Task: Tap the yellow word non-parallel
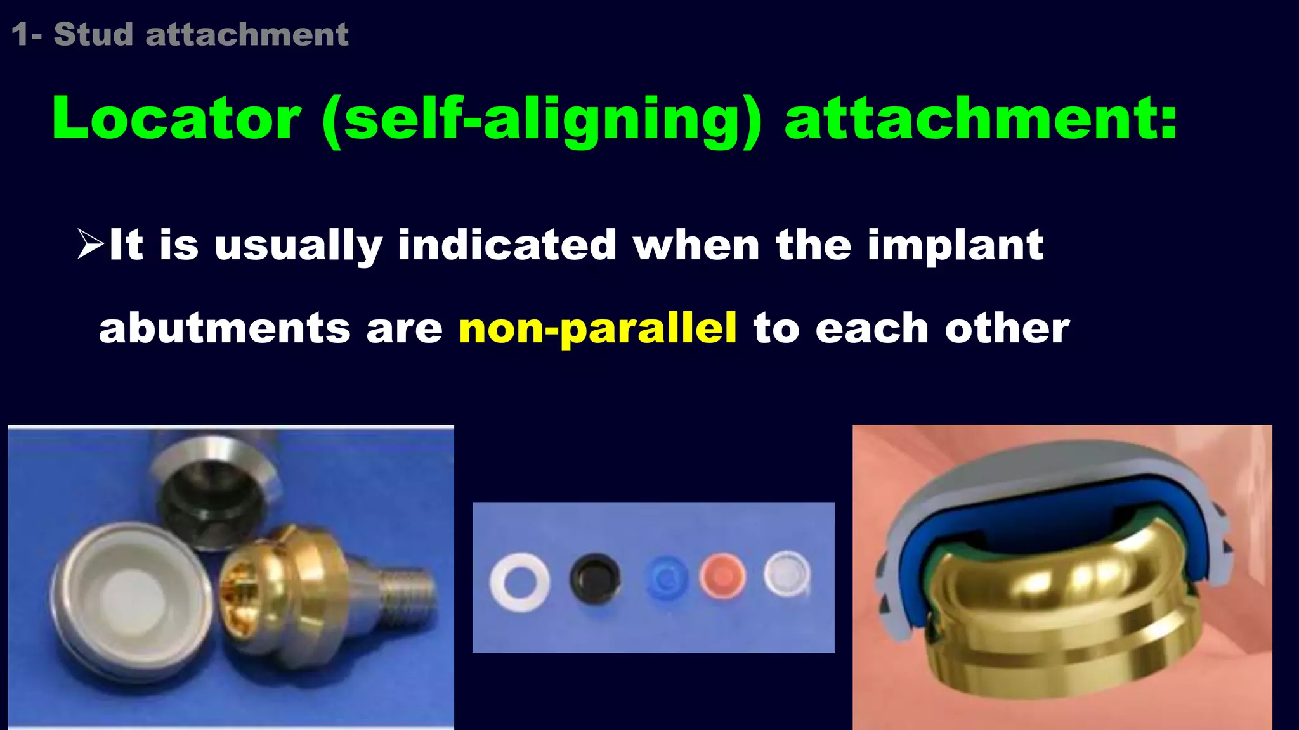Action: click(597, 328)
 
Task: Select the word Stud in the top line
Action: click(93, 34)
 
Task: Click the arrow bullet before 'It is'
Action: click(89, 245)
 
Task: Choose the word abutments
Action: click(225, 328)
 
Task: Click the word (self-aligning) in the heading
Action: click(542, 120)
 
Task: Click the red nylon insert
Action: click(722, 576)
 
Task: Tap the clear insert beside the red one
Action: click(787, 573)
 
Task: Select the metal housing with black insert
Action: click(212, 494)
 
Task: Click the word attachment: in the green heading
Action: click(981, 118)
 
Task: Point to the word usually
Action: click(298, 246)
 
